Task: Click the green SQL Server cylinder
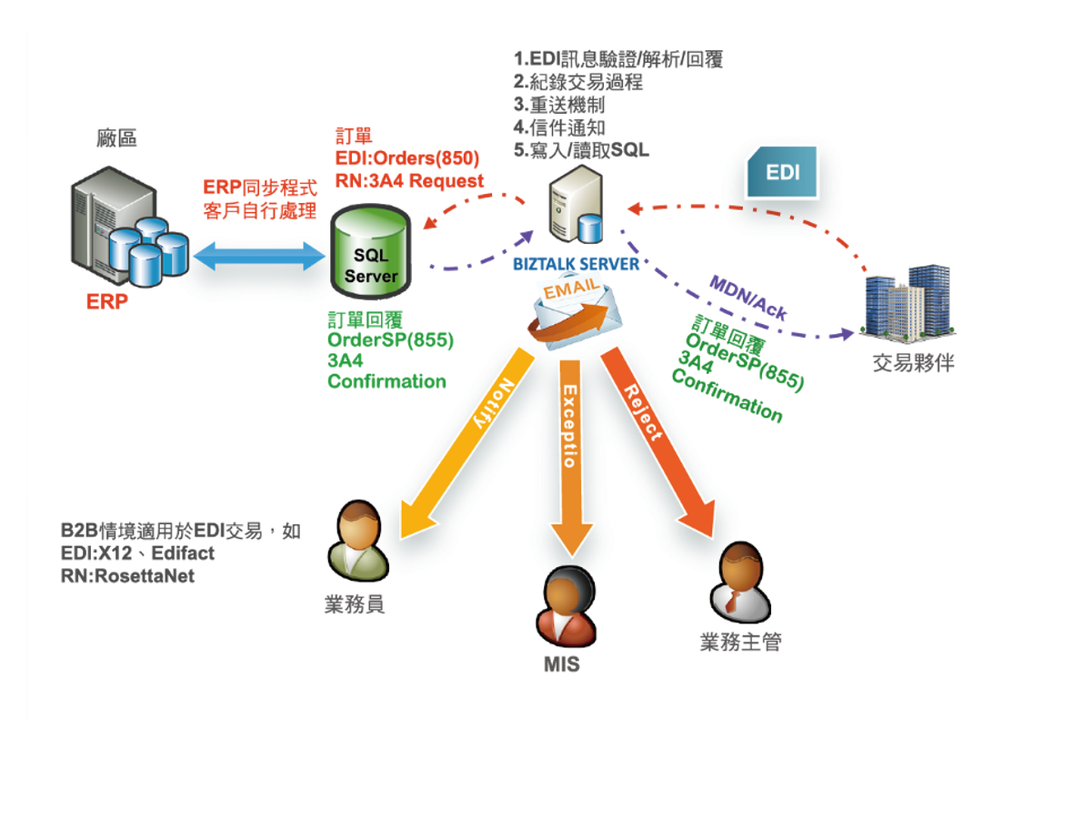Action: pos(369,254)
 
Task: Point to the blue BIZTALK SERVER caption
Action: pos(576,264)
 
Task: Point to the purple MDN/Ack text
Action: pos(748,296)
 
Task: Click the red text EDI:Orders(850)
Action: pos(407,158)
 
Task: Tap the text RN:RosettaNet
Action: pos(127,576)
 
